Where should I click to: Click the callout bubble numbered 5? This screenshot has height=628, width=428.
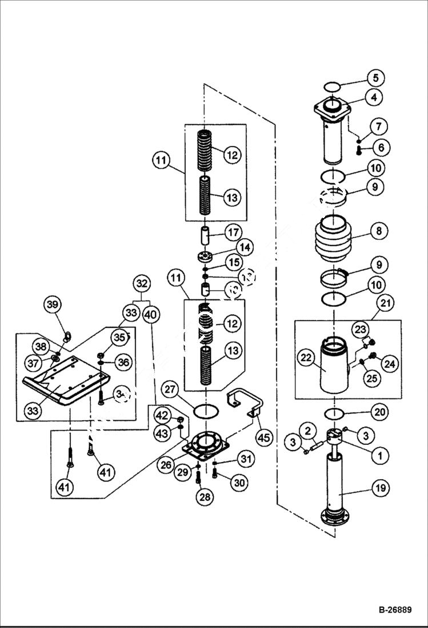tap(375, 77)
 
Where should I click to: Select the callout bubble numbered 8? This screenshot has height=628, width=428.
tap(379, 231)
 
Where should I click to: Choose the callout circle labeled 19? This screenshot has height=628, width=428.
tap(381, 488)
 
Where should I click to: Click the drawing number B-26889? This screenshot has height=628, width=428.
tap(387, 610)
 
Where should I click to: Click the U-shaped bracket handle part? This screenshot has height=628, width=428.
tap(244, 400)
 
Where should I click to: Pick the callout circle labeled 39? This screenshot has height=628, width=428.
tap(53, 305)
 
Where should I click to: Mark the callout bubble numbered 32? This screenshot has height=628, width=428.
tap(142, 283)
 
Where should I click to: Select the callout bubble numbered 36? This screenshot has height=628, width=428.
tap(124, 361)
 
